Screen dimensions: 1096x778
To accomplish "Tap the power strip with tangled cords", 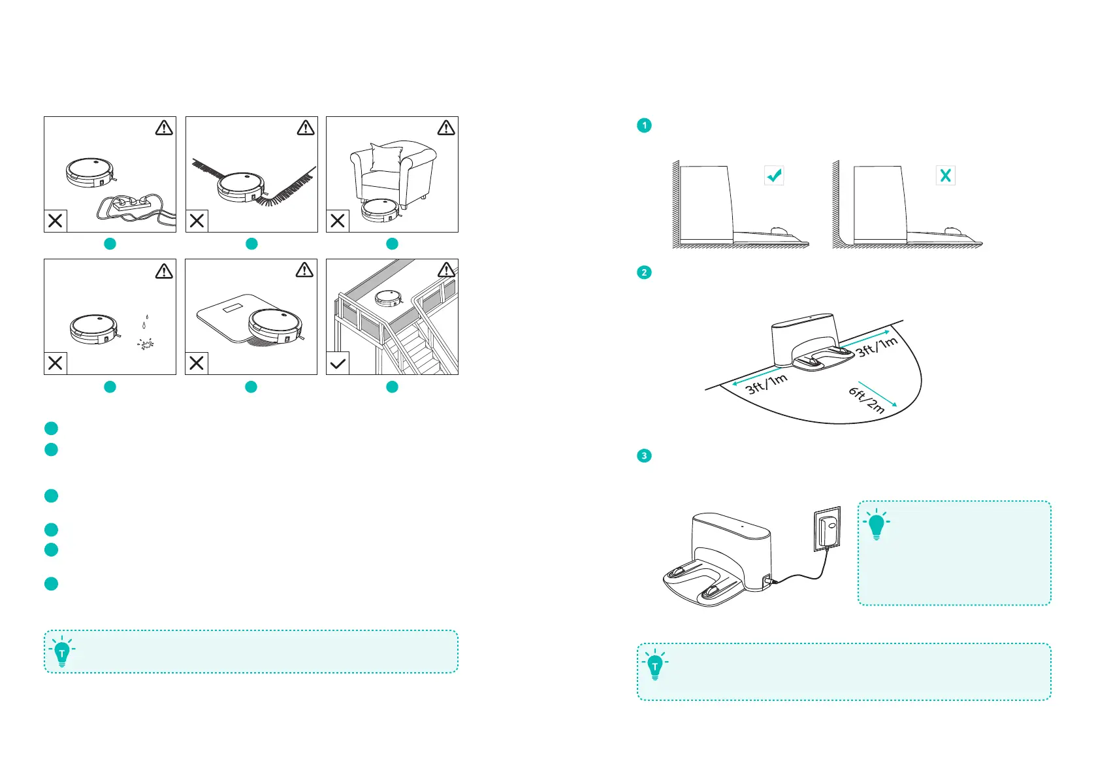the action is pos(134,204).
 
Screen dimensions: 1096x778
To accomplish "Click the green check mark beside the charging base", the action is pos(774,175).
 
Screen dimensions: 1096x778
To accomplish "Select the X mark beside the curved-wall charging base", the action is pos(945,175).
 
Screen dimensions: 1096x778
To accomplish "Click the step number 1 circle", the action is pos(644,125).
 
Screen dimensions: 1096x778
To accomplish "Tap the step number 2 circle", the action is pos(644,272).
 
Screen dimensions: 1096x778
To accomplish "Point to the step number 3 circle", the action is pos(644,455).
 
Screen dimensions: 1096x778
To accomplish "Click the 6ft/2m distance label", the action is pos(867,400).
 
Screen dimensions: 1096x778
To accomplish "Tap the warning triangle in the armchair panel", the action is pos(446,128).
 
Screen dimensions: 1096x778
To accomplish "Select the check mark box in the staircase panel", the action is pos(338,363).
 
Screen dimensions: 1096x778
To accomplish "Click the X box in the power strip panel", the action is pos(56,221).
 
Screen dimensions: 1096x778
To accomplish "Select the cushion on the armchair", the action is pos(386,158).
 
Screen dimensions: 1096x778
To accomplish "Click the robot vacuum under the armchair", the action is pos(381,209).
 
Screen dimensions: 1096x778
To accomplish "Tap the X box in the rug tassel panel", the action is pos(197,221).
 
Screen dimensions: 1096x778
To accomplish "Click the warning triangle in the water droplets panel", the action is pos(164,271).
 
